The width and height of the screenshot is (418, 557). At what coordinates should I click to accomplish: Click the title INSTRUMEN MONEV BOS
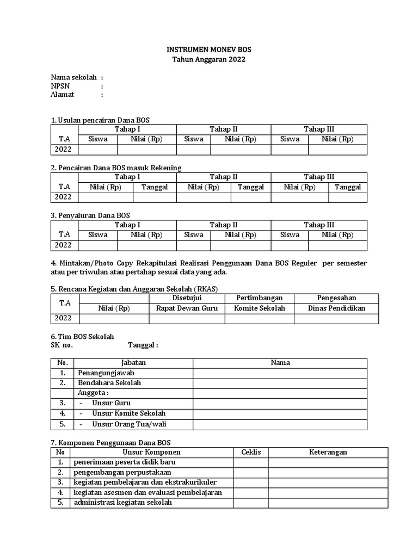(x=209, y=49)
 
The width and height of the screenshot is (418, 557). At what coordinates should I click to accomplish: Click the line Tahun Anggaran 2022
(x=209, y=59)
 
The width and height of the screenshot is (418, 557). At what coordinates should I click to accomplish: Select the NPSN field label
(x=60, y=86)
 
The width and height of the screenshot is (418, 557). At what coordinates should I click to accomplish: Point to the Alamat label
(x=62, y=95)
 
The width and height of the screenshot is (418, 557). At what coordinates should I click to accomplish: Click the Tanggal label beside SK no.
(x=143, y=345)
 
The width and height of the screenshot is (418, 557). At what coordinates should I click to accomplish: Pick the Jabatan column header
(x=133, y=362)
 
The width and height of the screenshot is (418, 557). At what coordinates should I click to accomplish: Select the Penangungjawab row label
(x=106, y=373)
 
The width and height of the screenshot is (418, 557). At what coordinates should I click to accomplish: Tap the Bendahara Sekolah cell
(x=109, y=383)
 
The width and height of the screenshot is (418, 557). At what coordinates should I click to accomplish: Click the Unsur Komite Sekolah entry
(x=128, y=413)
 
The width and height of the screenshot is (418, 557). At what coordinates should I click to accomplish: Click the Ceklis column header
(x=251, y=452)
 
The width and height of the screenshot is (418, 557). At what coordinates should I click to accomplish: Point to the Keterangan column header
(x=328, y=452)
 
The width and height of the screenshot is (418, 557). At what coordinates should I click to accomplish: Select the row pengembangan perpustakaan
(x=122, y=472)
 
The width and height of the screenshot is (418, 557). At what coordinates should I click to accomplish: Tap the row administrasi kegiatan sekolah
(x=123, y=503)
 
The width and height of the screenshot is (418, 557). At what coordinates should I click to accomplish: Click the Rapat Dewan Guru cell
(x=187, y=308)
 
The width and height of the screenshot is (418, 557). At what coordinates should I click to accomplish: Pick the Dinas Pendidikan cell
(x=336, y=308)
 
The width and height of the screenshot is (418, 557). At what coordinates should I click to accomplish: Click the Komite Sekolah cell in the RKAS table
(x=260, y=308)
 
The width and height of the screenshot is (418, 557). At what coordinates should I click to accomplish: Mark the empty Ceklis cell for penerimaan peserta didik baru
(x=251, y=462)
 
